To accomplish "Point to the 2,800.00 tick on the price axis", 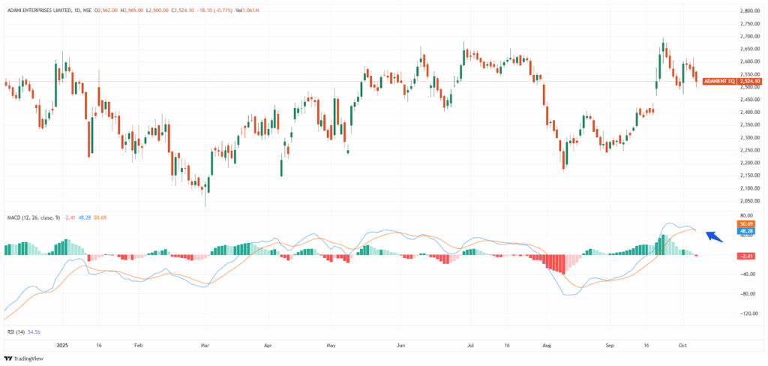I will coord(751,10).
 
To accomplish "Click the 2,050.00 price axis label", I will coord(751,201).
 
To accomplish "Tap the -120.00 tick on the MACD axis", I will coord(748,313).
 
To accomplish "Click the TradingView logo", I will coord(25,358).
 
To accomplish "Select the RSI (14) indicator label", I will coord(15,331).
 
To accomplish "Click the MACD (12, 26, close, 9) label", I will coord(34,217).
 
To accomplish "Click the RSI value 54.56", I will coord(34,331).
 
